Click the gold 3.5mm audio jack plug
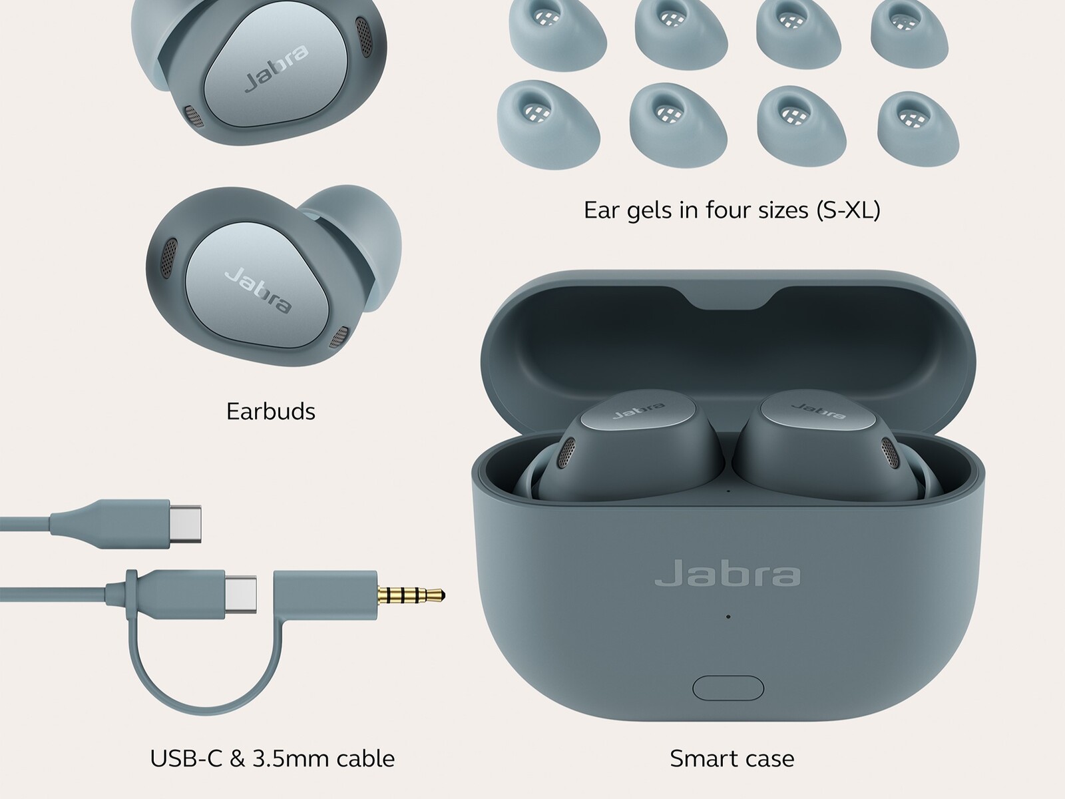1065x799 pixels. tap(411, 595)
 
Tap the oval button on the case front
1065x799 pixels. tap(728, 688)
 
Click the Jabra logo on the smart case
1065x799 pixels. tap(728, 573)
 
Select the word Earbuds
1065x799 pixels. tap(271, 411)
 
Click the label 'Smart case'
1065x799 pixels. tap(732, 758)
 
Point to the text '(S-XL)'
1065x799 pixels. tap(848, 210)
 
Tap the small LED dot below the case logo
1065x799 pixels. tap(728, 617)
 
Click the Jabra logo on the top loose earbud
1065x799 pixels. tap(276, 68)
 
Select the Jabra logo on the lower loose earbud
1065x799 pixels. tap(258, 290)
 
